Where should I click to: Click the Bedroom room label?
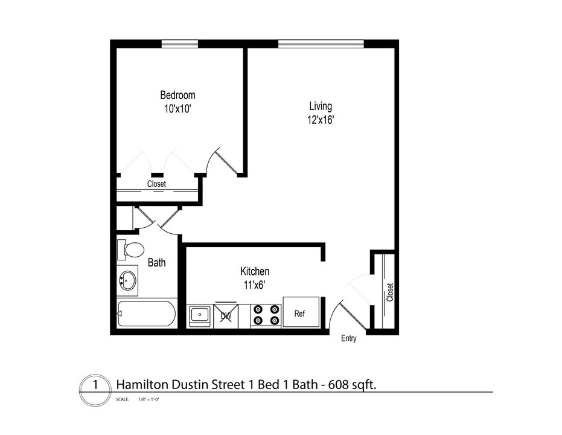click(177, 95)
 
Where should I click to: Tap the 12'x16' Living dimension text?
click(321, 120)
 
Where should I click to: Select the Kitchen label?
click(255, 271)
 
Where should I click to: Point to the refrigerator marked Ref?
click(301, 313)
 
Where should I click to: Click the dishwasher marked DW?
click(226, 315)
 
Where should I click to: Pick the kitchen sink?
click(199, 315)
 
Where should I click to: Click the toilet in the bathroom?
click(131, 249)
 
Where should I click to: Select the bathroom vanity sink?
click(127, 280)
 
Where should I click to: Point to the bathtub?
click(147, 314)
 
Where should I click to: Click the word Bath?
click(157, 263)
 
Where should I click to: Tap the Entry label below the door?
click(349, 338)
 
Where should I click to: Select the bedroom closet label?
click(156, 184)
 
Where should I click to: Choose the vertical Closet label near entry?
click(390, 292)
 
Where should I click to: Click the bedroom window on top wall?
click(180, 43)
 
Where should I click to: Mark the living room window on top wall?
click(321, 43)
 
